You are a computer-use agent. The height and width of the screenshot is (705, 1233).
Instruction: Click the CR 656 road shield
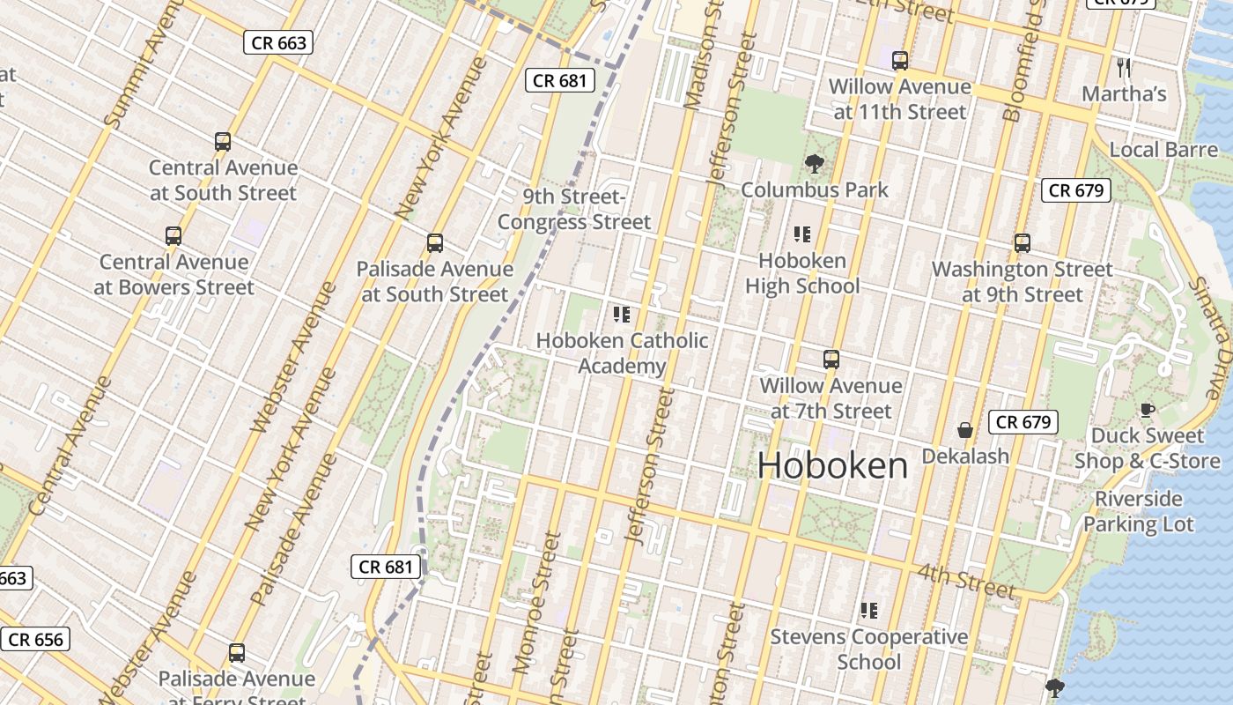click(x=36, y=639)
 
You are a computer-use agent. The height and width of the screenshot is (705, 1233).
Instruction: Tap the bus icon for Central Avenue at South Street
click(x=223, y=141)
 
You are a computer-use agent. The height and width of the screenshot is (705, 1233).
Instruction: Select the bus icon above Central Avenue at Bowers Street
click(x=174, y=235)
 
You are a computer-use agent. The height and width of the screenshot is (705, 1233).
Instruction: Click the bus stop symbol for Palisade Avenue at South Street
click(x=434, y=243)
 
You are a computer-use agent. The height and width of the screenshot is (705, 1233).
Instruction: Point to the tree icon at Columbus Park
click(x=814, y=163)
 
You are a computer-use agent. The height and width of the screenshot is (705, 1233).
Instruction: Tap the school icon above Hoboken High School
click(x=801, y=234)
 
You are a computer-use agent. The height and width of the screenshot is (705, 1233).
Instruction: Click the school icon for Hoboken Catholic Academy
click(x=622, y=314)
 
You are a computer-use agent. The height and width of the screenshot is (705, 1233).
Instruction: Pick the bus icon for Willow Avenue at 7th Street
click(x=831, y=360)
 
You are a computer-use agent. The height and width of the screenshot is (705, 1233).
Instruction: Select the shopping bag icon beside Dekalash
click(x=965, y=430)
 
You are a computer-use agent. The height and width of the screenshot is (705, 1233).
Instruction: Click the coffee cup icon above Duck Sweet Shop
click(x=1147, y=409)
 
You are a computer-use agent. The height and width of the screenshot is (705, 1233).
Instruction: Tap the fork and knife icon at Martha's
click(x=1123, y=67)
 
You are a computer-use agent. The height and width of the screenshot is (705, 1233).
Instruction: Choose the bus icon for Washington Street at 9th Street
click(x=1022, y=242)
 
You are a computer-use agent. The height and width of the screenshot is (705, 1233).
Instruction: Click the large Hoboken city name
click(x=832, y=465)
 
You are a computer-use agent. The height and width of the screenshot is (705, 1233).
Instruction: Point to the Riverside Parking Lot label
click(x=1138, y=511)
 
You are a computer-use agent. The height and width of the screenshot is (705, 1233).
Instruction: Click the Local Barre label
click(x=1163, y=150)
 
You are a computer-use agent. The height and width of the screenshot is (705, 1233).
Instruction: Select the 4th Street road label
click(x=966, y=580)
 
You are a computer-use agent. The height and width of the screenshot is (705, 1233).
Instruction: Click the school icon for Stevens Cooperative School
click(x=869, y=610)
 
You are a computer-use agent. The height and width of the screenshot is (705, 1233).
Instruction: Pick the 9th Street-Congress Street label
click(x=574, y=209)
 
